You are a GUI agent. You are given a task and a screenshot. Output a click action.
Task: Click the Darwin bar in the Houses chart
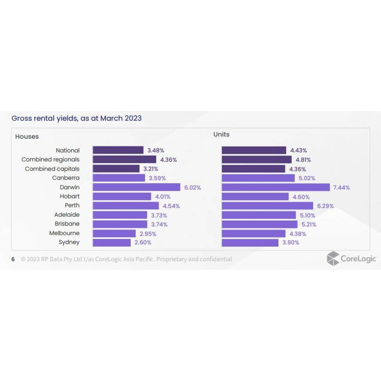[136, 187]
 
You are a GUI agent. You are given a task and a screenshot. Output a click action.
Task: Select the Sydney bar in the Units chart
[250, 243]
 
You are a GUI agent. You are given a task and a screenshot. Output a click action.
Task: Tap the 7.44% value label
[341, 188]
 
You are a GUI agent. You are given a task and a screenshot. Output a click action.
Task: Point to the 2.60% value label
[143, 243]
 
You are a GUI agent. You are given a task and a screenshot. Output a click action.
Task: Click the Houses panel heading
[27, 137]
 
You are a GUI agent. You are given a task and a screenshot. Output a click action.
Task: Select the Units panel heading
[221, 134]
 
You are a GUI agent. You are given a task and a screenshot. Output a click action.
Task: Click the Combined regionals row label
[50, 160]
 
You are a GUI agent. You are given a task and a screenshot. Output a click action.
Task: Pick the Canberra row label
[65, 178]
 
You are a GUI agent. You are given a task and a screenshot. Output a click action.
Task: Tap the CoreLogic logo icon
[333, 258]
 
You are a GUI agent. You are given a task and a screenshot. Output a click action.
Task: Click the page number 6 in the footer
[13, 259]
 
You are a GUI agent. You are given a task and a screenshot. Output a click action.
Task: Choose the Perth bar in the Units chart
[268, 206]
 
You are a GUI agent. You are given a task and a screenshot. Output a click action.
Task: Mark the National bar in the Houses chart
[118, 150]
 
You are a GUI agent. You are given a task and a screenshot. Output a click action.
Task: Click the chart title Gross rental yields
[76, 118]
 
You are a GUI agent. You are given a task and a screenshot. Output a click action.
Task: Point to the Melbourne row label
[64, 233]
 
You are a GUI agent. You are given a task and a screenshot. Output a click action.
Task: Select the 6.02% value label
[192, 188]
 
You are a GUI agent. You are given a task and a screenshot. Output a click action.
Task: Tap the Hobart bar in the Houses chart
[122, 196]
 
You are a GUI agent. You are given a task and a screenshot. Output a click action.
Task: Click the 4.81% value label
[303, 160]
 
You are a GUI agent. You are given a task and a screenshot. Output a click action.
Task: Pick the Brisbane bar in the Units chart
[260, 224]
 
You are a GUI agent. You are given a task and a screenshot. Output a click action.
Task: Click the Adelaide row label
[67, 215]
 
